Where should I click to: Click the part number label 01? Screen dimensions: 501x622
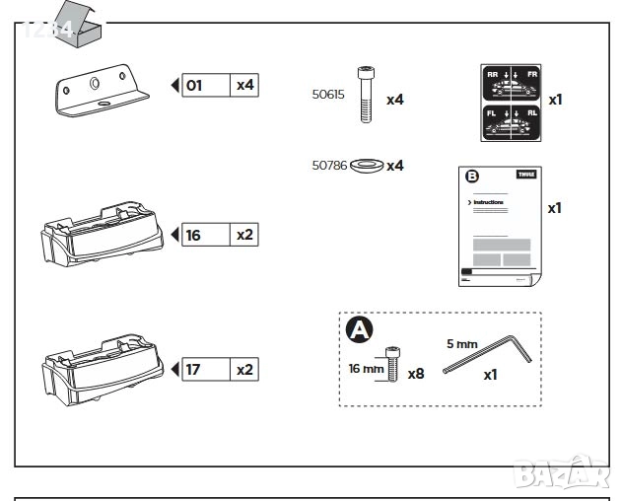tap(194, 85)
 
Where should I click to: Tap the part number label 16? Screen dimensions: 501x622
tap(193, 235)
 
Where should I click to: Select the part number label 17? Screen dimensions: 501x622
tap(193, 370)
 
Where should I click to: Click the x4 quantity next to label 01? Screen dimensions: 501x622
tap(244, 85)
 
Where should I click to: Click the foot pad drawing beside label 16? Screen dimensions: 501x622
tap(100, 233)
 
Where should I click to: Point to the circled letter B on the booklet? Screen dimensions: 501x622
tap(471, 177)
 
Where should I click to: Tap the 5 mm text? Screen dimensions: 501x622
tap(460, 344)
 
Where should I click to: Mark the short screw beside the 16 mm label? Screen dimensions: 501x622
tap(393, 366)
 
